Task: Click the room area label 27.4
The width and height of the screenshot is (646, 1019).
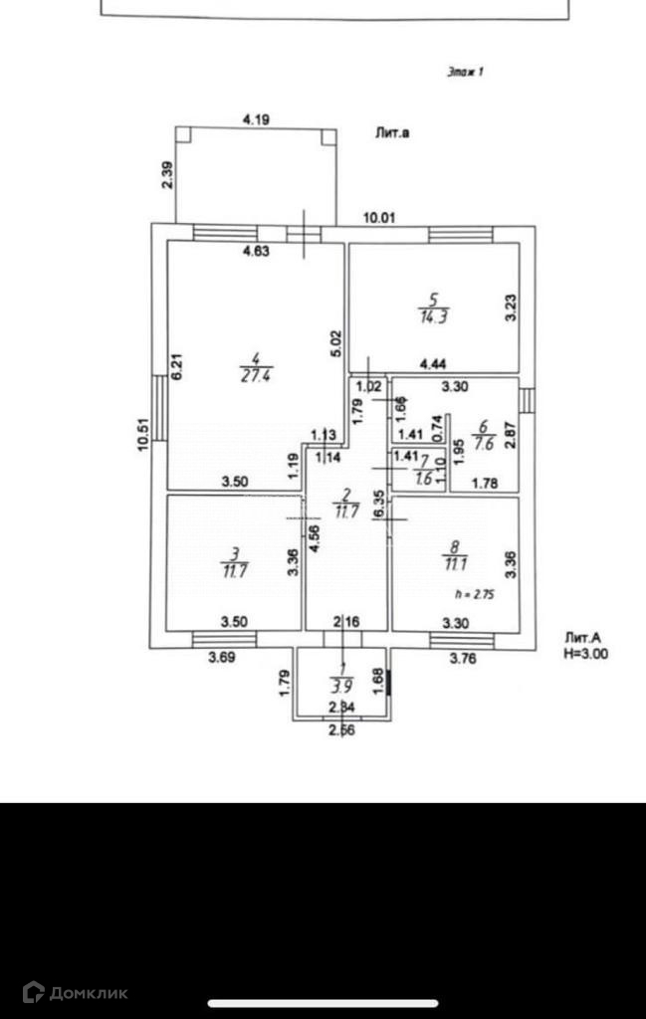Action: click(251, 374)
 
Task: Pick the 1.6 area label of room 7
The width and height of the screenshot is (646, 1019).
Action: click(425, 478)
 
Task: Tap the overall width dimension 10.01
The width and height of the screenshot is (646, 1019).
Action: click(379, 218)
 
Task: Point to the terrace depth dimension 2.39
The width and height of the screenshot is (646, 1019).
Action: click(167, 175)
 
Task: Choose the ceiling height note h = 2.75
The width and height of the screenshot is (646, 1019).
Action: click(473, 593)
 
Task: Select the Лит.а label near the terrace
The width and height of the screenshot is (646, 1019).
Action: click(393, 130)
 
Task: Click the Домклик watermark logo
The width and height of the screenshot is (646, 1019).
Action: click(75, 991)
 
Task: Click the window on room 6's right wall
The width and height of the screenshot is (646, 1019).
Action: click(527, 399)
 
